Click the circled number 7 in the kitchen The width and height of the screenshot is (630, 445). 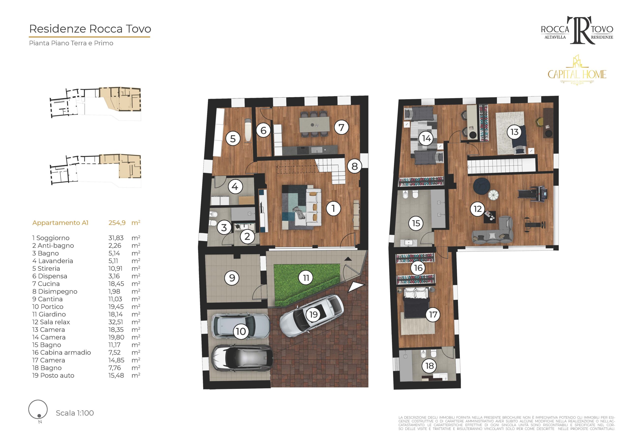341,127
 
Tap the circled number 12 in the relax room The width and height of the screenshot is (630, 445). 478,209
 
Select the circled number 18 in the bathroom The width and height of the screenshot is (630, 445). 429,366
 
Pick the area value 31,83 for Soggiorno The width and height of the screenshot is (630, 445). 116,238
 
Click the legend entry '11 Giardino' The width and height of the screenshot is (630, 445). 49,314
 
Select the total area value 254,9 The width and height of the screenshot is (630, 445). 117,223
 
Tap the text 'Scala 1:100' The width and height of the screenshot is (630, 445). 75,413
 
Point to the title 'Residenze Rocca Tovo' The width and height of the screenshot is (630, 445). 90,29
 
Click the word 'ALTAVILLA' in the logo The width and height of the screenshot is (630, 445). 555,37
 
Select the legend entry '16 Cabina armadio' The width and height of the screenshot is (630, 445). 62,353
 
